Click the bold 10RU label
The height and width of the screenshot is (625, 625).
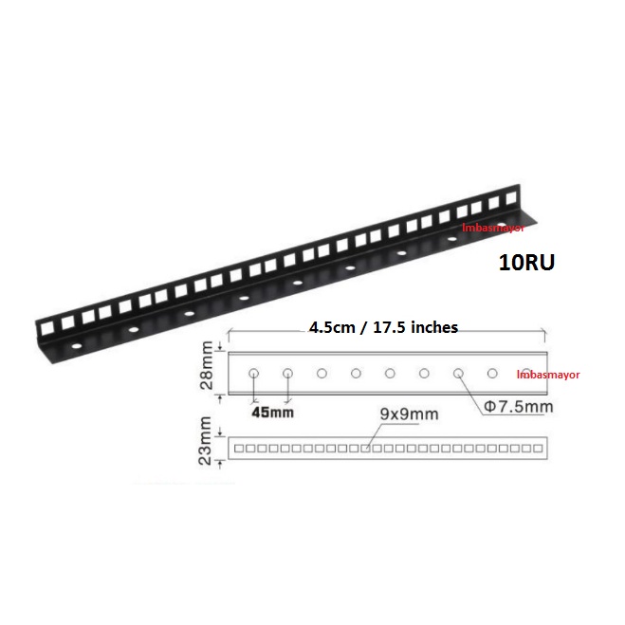[x=526, y=263]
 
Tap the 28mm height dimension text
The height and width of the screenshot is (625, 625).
[x=207, y=365]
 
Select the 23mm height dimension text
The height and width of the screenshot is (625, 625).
[x=205, y=440]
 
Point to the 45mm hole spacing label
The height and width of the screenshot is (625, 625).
[x=272, y=413]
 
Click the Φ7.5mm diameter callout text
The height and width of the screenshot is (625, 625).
[x=519, y=407]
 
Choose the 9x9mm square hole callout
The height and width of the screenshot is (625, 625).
[x=409, y=414]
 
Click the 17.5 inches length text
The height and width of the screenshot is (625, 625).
[x=415, y=327]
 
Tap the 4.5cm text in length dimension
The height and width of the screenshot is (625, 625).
[x=332, y=327]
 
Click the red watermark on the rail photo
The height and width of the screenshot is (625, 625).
[x=493, y=228]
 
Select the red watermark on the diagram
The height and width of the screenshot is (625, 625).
[x=548, y=375]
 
